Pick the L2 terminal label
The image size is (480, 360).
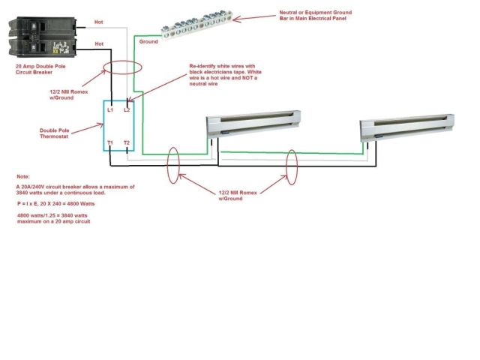[x=127, y=109]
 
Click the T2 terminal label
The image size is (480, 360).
[x=127, y=142]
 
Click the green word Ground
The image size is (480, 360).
[x=148, y=42]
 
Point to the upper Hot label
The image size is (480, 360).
[x=99, y=22]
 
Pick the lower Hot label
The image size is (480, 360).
[x=99, y=44]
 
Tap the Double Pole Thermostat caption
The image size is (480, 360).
[x=55, y=132]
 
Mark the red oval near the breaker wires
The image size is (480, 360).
[x=121, y=73]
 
